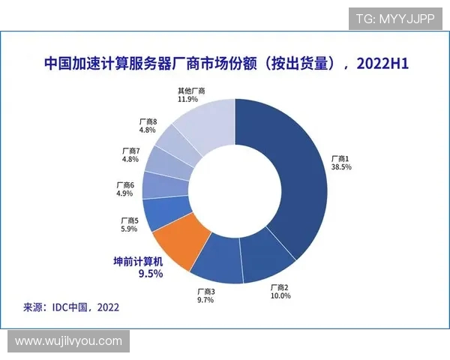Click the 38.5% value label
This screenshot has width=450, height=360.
point(341,167)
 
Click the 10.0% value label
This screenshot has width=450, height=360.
point(280,296)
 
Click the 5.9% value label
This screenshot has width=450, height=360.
point(129,229)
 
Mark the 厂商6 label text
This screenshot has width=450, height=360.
point(125,184)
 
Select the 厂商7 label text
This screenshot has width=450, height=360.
point(130,151)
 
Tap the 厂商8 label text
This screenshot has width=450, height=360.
point(148,120)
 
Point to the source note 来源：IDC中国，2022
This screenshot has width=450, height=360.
point(71,307)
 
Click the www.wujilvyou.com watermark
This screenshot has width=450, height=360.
point(68,341)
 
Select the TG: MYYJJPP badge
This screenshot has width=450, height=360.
point(394,19)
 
